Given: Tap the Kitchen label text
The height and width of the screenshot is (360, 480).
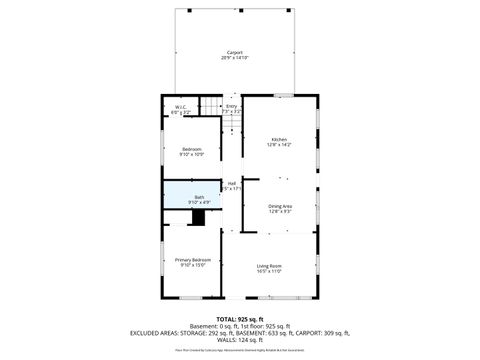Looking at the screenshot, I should (279, 138).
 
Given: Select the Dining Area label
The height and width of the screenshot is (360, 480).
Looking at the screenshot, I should (279, 205).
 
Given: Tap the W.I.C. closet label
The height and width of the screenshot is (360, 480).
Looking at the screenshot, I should (180, 107).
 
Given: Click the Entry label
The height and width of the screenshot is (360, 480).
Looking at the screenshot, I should (231, 106).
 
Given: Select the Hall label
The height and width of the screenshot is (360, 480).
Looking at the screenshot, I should (231, 183).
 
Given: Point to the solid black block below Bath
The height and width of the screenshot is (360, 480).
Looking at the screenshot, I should (198, 218).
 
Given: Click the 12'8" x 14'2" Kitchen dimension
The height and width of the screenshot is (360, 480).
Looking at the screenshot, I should (279, 145).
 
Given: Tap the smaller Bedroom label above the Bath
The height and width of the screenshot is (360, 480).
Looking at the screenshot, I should (191, 148).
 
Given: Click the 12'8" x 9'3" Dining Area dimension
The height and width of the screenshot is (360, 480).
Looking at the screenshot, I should (279, 211).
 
